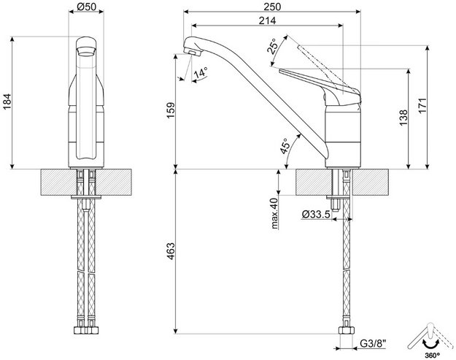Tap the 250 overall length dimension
274,7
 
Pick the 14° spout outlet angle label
199,72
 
